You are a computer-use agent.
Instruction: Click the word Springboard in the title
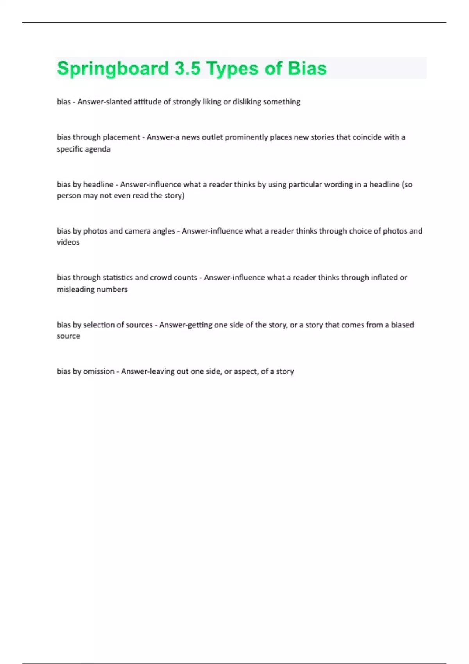(x=113, y=69)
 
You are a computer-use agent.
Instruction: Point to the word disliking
(x=247, y=102)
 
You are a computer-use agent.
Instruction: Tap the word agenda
(x=98, y=149)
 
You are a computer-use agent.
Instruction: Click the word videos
(x=68, y=242)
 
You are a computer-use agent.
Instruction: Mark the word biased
(x=402, y=325)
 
